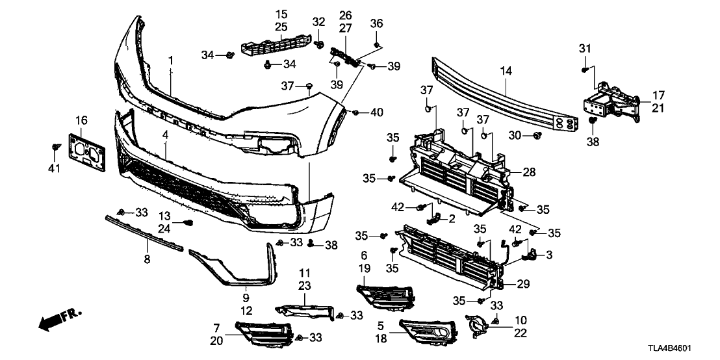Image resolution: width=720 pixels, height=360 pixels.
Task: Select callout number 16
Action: pyautogui.click(x=81, y=120)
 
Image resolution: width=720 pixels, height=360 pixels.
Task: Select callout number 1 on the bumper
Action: pyautogui.click(x=171, y=60)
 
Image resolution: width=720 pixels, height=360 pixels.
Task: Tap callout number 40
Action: pyautogui.click(x=377, y=113)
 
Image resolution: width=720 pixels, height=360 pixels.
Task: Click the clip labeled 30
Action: pyautogui.click(x=537, y=135)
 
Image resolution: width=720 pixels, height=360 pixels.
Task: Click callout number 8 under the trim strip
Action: pyautogui.click(x=147, y=259)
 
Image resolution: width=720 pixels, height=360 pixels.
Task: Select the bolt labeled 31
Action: pyautogui.click(x=585, y=68)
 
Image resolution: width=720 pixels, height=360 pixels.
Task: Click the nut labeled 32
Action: pyautogui.click(x=320, y=44)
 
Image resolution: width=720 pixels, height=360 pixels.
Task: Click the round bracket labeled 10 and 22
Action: pyautogui.click(x=476, y=326)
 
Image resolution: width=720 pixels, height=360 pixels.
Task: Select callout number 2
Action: pyautogui.click(x=451, y=218)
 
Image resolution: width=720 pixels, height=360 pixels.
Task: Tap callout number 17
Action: pyautogui.click(x=658, y=95)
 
